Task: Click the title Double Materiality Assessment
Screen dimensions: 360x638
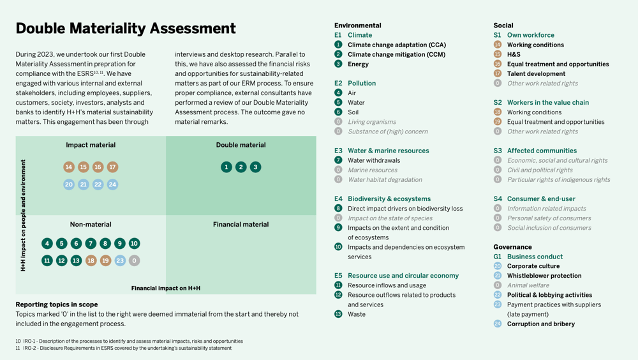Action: click(x=126, y=29)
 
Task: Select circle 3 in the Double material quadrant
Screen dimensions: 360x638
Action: click(x=255, y=167)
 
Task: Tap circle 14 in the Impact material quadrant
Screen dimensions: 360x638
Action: click(x=69, y=167)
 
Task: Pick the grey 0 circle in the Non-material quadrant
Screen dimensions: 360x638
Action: click(x=134, y=260)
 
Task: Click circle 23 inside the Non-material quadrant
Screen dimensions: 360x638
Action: click(x=120, y=260)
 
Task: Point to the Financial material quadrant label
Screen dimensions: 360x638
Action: click(x=241, y=225)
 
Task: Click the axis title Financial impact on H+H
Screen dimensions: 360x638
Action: click(x=166, y=289)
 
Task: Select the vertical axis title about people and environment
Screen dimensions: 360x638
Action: click(x=24, y=216)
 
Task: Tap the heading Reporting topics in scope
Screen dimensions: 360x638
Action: click(x=57, y=304)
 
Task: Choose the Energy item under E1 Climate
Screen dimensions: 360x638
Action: click(x=358, y=64)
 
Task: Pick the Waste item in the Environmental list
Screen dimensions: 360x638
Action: click(x=357, y=314)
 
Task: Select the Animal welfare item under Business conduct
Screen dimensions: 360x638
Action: click(x=528, y=285)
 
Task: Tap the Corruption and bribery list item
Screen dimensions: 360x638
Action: click(x=540, y=324)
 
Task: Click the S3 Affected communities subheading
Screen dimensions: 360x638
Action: click(x=533, y=151)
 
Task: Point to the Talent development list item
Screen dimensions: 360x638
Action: click(x=536, y=74)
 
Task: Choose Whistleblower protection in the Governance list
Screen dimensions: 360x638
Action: click(x=544, y=276)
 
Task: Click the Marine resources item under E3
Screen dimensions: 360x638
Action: click(x=372, y=170)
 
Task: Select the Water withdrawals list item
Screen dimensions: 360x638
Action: click(x=374, y=161)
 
